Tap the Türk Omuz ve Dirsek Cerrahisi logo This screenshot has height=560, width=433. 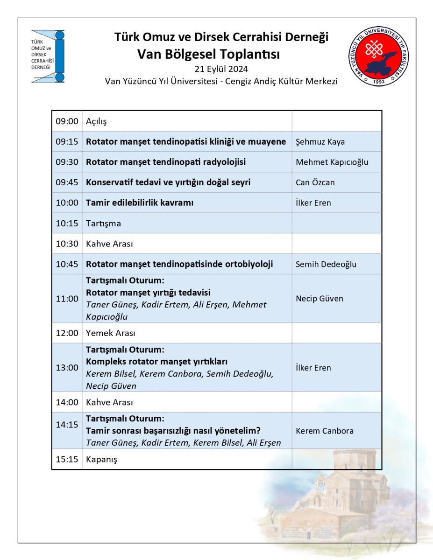(48, 56)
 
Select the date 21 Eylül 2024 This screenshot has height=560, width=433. (221, 70)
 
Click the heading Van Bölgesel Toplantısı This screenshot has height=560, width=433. (209, 55)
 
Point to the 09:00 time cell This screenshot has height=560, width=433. (67, 121)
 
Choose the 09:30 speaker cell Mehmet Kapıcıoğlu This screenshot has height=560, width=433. (332, 162)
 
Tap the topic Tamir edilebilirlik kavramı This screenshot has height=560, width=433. (140, 203)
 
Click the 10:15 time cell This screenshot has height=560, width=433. (67, 223)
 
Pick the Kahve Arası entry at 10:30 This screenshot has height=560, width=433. (110, 244)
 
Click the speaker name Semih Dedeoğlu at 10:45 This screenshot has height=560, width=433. (326, 264)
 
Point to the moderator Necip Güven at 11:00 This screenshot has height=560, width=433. (319, 298)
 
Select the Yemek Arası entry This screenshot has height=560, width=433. (110, 333)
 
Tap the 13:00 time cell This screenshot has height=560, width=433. (67, 367)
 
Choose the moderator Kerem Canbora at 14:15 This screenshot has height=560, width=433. (325, 431)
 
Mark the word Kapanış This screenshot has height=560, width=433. (101, 459)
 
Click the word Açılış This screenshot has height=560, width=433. (96, 121)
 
